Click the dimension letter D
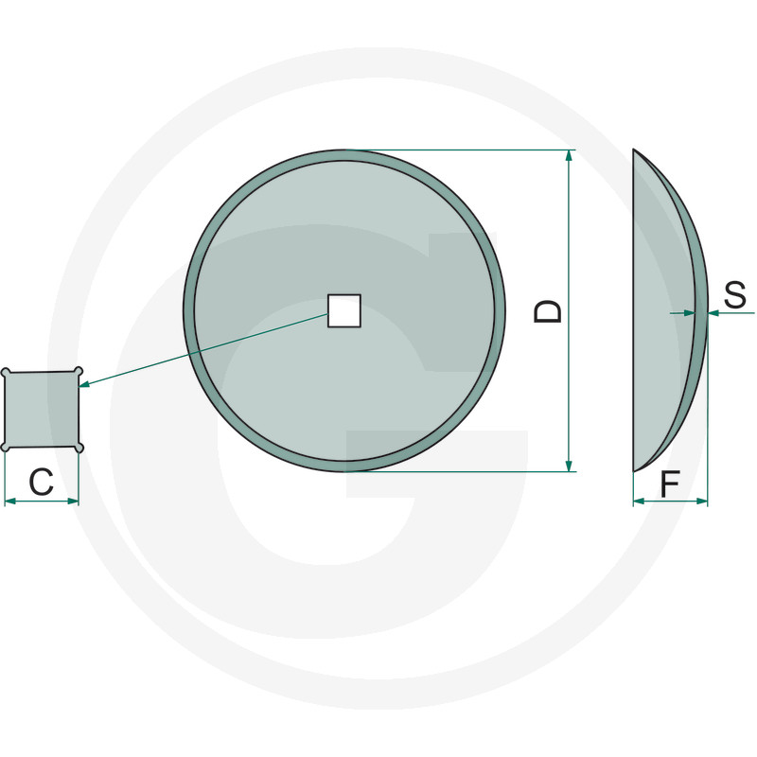coord(549,311)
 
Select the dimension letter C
coord(41,482)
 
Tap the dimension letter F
coord(670,484)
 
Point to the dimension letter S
coord(735,294)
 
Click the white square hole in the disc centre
coord(344,311)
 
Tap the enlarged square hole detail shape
coord(42,410)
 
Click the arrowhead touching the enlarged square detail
coord(84,384)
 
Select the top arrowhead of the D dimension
coord(570,155)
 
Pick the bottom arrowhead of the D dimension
coord(570,466)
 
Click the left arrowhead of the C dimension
coord(10,502)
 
